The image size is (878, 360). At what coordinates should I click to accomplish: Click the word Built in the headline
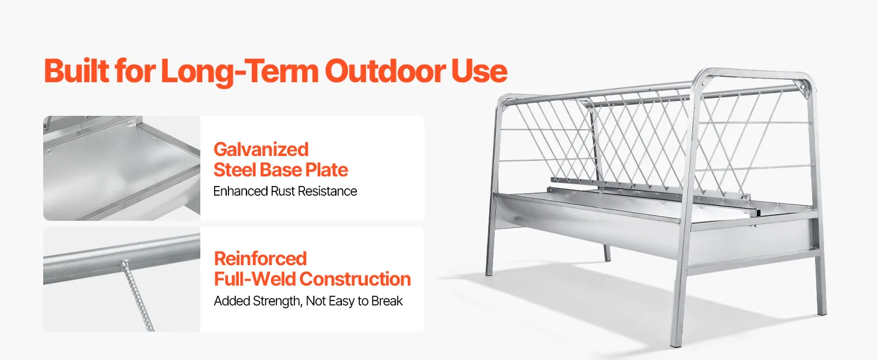tap(76, 71)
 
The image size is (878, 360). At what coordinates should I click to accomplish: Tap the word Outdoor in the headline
tap(385, 71)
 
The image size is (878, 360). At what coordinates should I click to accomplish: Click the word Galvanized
tap(261, 149)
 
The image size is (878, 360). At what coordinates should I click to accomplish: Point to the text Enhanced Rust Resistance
tap(285, 191)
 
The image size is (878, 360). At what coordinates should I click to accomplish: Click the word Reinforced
tap(260, 259)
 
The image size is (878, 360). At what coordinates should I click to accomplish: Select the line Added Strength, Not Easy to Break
tap(308, 301)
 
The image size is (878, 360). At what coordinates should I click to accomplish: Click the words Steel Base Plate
tap(281, 170)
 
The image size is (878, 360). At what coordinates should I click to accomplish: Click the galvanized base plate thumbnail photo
tap(122, 168)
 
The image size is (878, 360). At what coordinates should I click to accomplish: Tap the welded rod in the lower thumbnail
tap(138, 296)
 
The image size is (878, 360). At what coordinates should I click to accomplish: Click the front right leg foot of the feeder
tap(676, 344)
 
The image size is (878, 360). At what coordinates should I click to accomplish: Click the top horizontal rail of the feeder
tap(651, 91)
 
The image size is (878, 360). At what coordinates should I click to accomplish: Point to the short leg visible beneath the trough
tap(606, 253)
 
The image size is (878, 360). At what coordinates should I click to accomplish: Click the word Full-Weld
tap(255, 279)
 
